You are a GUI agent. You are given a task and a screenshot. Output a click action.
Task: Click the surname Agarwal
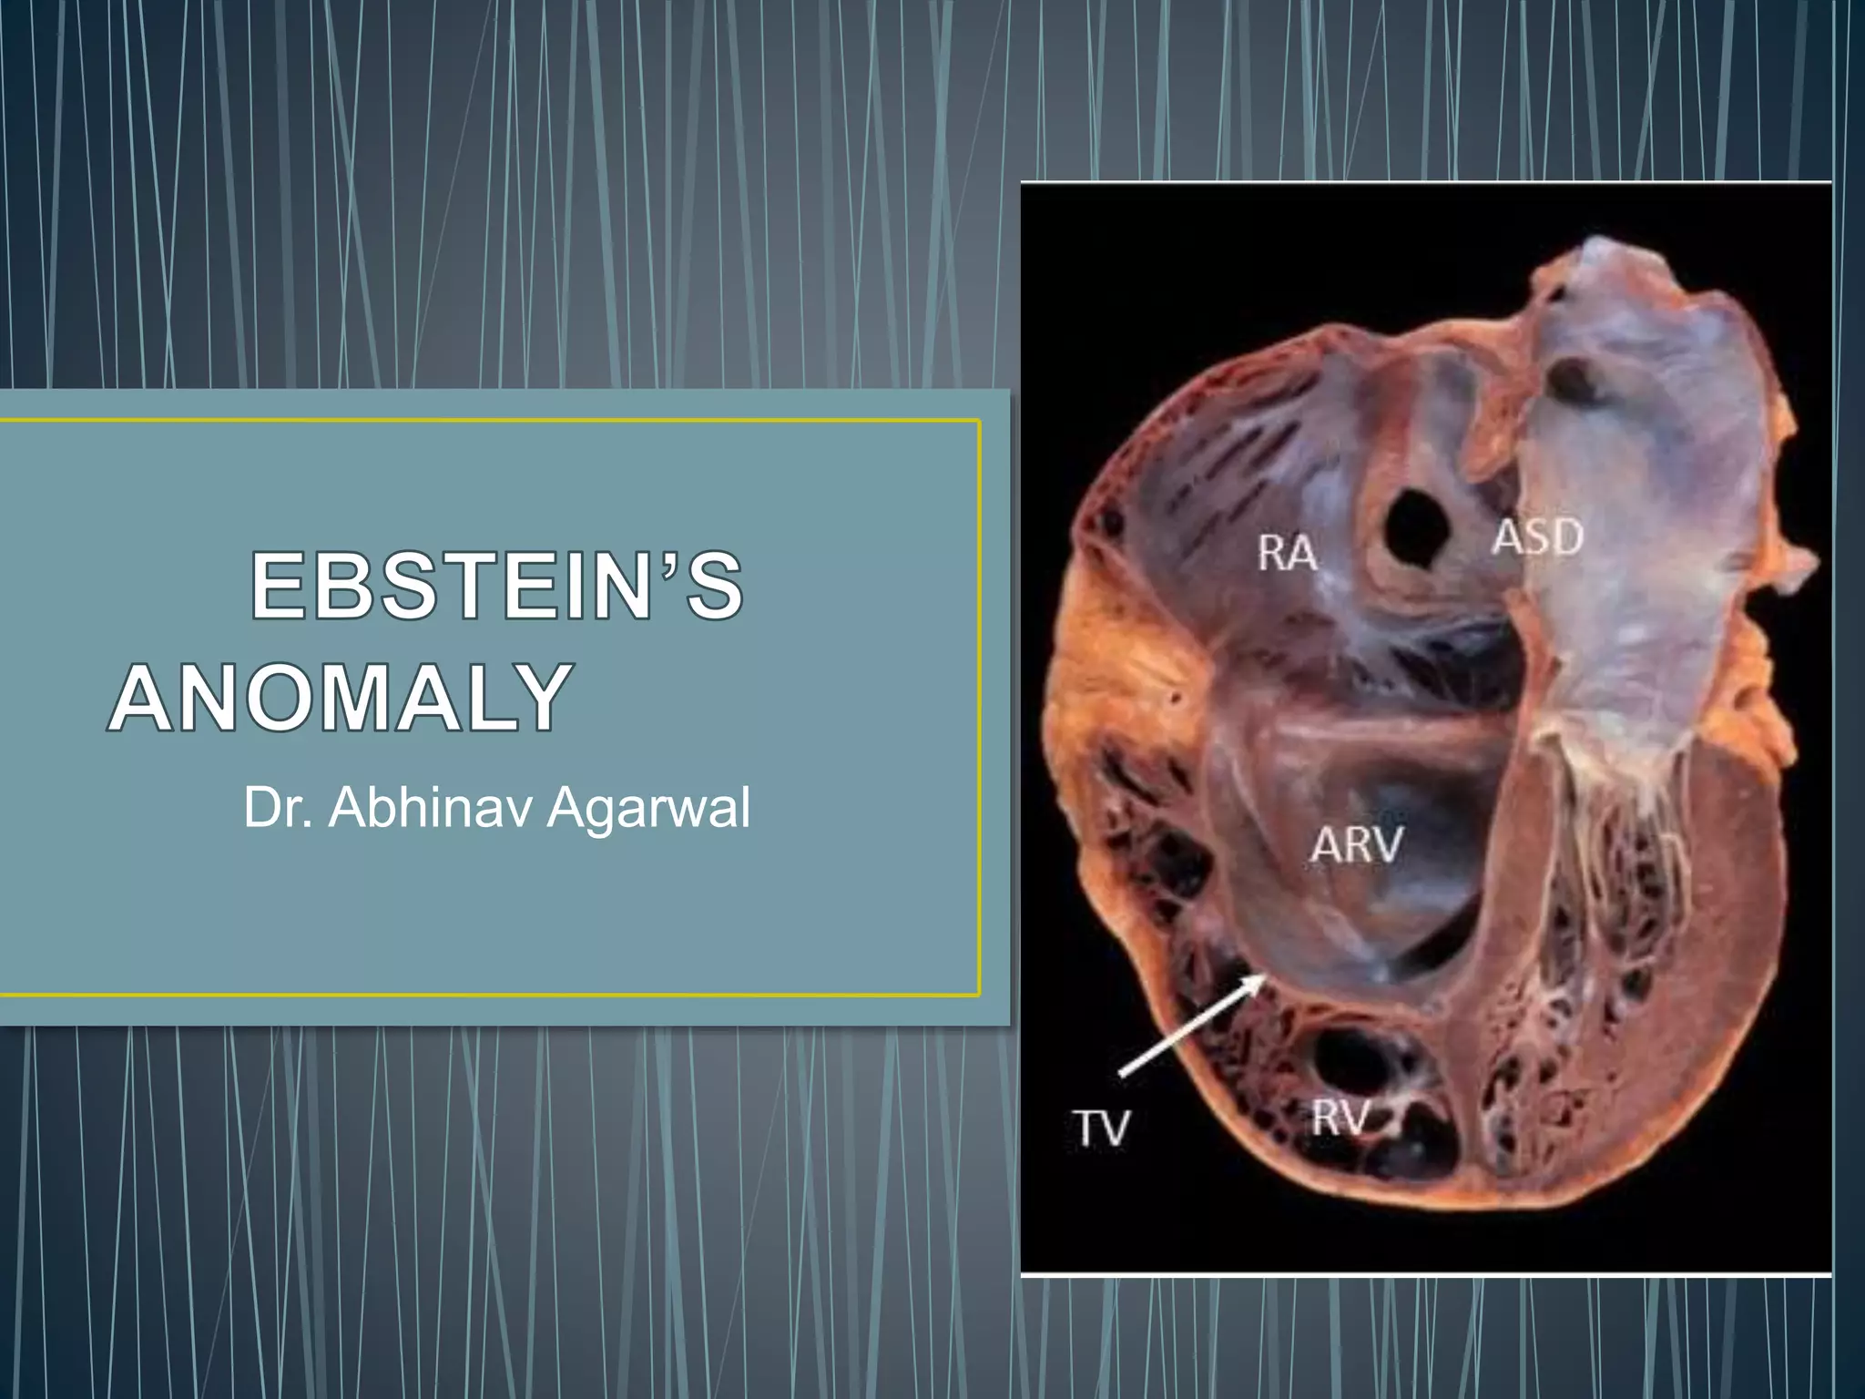pyautogui.click(x=648, y=807)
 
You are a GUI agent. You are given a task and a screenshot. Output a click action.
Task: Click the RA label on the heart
pyautogui.click(x=1287, y=553)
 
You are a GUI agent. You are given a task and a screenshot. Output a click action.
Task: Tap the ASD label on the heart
pyautogui.click(x=1537, y=536)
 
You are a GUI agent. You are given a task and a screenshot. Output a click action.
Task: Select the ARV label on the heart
pyautogui.click(x=1356, y=845)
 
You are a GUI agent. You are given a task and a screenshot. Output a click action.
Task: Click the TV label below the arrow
pyautogui.click(x=1101, y=1128)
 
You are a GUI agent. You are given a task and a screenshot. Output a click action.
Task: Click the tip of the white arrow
pyautogui.click(x=1262, y=976)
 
